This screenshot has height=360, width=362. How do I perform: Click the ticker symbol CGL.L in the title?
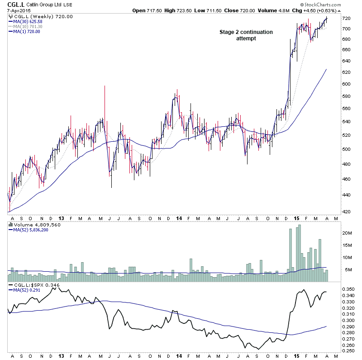point(16,4)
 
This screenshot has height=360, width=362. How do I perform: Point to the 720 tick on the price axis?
point(347,18)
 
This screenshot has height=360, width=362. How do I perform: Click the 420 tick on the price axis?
point(347,211)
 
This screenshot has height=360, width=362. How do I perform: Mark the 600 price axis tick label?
point(347,84)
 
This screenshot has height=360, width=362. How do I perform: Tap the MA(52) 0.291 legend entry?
point(27,289)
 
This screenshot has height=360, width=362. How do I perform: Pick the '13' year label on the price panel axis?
point(61,218)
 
